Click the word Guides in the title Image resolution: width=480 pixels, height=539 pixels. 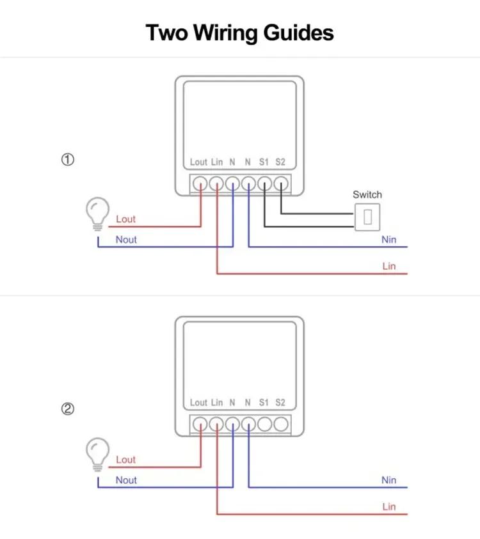pos(298,33)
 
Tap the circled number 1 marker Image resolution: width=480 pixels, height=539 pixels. pos(68,159)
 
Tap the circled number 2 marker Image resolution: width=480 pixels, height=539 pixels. pos(68,409)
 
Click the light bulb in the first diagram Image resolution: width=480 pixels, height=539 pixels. pos(98,214)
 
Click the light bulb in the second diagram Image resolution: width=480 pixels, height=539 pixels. pos(98,455)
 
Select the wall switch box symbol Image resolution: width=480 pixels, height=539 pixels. pos(367,217)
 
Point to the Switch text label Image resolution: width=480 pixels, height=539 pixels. pos(367,194)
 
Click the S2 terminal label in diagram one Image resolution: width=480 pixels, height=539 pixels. pos(280,162)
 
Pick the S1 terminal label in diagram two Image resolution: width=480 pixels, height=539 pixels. pos(264,403)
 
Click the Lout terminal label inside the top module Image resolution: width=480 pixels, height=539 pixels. pos(198,162)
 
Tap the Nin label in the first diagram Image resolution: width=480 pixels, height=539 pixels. pos(389,240)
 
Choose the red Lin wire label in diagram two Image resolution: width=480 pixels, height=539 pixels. pos(389,506)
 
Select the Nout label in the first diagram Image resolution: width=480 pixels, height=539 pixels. pos(126,240)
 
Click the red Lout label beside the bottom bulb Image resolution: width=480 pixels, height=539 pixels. pos(125,460)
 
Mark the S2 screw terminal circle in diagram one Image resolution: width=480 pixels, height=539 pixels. pos(281,184)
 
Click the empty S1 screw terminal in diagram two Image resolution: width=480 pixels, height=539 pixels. pos(264,424)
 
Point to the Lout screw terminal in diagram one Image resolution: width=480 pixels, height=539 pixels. pos(200,184)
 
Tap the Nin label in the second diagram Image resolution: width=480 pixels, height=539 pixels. pos(389,480)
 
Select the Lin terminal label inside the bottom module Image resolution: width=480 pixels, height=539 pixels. pos(217,403)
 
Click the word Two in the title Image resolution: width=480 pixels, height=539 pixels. pos(167,33)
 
